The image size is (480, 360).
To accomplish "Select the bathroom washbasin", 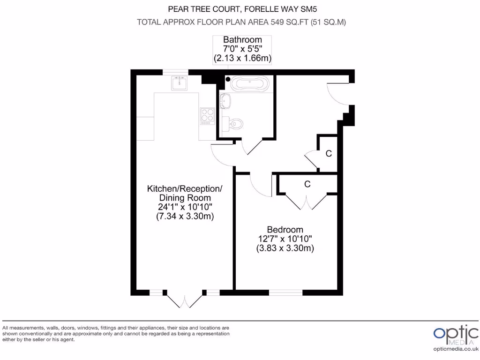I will tap(226, 101).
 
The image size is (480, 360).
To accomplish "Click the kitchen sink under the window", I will tap(180, 83).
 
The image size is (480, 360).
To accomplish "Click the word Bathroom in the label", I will tap(242, 40).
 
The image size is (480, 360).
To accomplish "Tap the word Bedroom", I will tap(285, 230).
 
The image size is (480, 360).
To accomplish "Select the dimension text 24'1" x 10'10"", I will tap(185, 207).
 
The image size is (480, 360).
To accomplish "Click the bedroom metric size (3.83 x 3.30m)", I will tap(285, 249).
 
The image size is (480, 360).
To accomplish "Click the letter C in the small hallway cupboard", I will tap(329, 153).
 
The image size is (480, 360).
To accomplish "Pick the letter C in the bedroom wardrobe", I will tap(307, 184).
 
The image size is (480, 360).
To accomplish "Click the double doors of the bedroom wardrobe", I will tap(307, 202).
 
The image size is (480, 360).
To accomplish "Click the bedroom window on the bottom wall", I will tap(285, 292).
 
